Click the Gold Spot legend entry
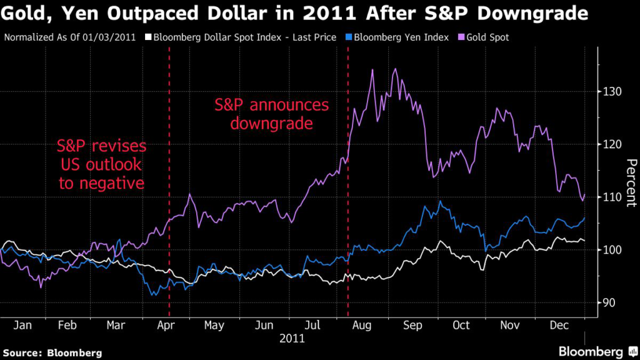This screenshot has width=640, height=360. [486, 37]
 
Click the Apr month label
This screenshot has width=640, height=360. [165, 326]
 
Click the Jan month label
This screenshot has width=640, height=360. [22, 326]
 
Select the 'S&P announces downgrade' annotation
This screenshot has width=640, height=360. [271, 114]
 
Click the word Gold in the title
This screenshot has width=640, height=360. [22, 14]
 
